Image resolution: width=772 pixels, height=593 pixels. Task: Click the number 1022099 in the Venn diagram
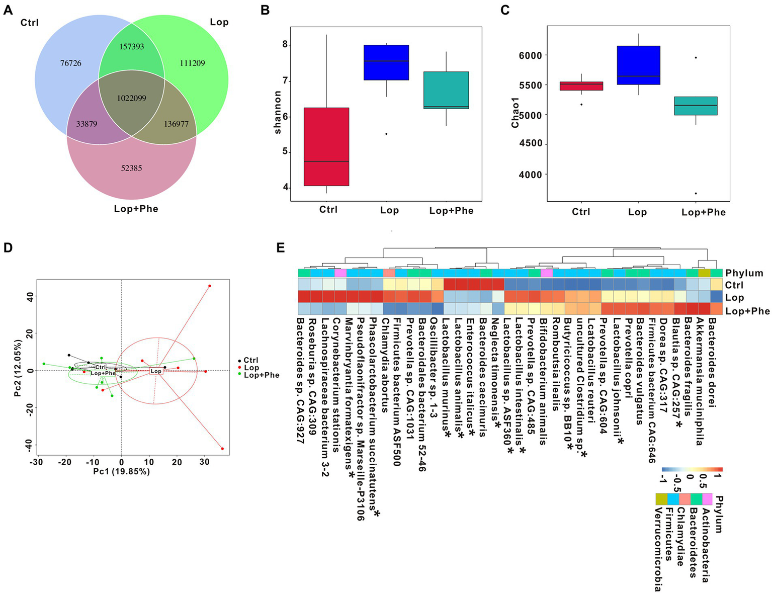click(131, 98)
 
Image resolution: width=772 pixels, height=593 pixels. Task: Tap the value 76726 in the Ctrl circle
click(70, 63)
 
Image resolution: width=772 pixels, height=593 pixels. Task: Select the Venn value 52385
click(131, 168)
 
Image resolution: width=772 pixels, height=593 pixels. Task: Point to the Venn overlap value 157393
click(131, 47)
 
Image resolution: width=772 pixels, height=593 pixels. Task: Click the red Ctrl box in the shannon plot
click(326, 146)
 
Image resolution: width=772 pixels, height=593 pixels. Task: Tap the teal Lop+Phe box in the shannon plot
click(446, 90)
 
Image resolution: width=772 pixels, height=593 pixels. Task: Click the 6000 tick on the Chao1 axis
click(530, 55)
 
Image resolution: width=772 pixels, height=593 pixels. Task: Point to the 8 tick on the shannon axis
click(285, 45)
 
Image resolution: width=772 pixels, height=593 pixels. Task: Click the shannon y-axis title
click(278, 112)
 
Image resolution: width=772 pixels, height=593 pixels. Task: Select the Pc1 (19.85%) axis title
click(121, 472)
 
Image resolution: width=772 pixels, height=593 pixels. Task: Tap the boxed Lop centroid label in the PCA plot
click(156, 371)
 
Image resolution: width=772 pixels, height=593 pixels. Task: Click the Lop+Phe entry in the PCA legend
click(261, 375)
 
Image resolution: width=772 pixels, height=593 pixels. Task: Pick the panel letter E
click(281, 247)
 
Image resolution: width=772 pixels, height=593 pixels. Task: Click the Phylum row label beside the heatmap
click(744, 273)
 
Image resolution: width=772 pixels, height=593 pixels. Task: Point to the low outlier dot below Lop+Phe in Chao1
click(696, 194)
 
